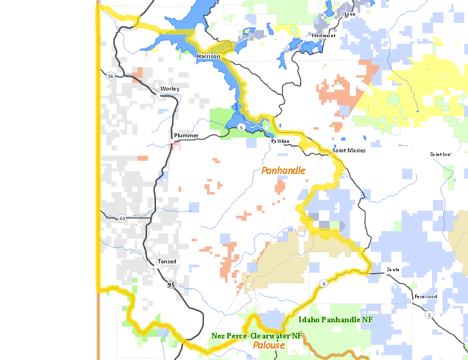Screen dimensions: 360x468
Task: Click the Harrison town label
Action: [x=208, y=56]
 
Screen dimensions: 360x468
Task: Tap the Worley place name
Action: [x=170, y=89]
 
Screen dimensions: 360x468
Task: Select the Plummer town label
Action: [x=185, y=136]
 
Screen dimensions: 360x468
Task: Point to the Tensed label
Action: [x=167, y=262]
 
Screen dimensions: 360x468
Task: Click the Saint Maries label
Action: [x=349, y=150]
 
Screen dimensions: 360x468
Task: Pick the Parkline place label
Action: [x=280, y=141]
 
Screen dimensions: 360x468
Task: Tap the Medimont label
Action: [x=323, y=35]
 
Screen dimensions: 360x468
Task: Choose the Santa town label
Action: [x=393, y=269]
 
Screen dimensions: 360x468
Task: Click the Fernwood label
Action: [x=425, y=297]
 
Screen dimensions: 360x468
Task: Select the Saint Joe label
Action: [x=440, y=154]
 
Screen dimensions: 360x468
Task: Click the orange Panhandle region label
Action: [x=283, y=171]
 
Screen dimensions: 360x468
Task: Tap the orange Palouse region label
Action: [x=268, y=345]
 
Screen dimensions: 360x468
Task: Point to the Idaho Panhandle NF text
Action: [x=335, y=320]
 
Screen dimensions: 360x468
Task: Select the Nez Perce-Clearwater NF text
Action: [x=257, y=336]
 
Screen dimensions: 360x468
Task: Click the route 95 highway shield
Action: [x=172, y=285]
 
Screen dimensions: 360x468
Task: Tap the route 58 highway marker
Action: [x=110, y=76]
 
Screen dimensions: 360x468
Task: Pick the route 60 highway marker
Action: [x=122, y=218]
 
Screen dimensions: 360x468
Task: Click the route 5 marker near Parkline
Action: [x=241, y=127]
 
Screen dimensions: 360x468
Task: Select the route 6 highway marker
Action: [x=323, y=284]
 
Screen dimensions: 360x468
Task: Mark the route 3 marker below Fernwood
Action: [x=429, y=314]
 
